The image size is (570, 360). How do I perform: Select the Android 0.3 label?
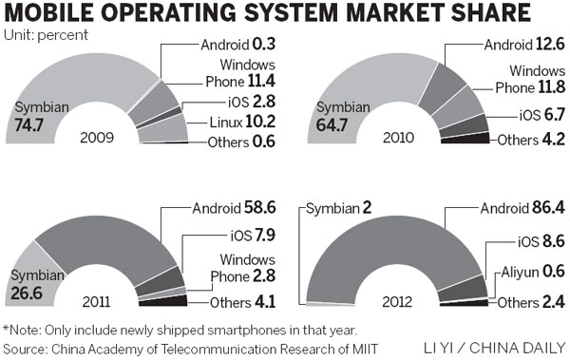[236, 43]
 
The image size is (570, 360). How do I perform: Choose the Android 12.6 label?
[522, 43]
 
